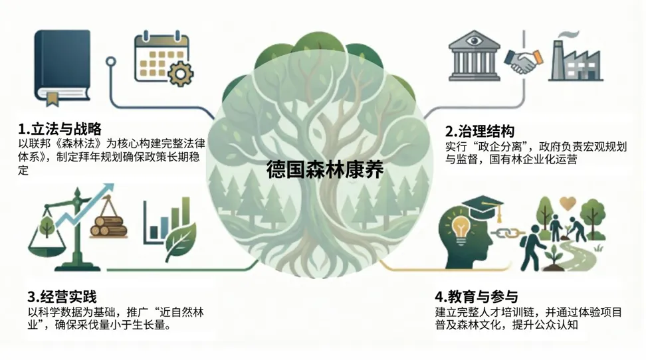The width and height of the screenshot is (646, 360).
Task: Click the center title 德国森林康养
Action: [x=325, y=168]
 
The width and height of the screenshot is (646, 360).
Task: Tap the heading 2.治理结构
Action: [x=480, y=132]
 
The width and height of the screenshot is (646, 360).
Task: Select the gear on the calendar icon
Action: [x=181, y=74]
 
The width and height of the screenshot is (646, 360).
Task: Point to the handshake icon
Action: [x=522, y=61]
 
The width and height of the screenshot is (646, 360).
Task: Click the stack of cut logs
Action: [x=110, y=225]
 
